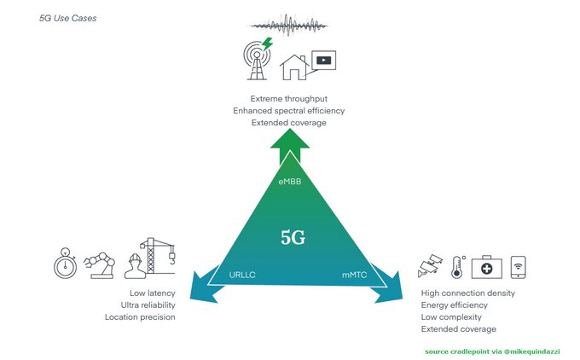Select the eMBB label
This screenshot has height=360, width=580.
[x=290, y=183]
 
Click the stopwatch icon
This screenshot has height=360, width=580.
[x=67, y=264]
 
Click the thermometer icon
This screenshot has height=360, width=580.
[x=458, y=265]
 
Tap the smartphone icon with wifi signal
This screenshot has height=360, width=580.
[x=518, y=266]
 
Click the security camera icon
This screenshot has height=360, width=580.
[x=430, y=266]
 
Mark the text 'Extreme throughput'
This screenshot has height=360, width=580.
[x=288, y=97]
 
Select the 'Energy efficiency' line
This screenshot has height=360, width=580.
[x=455, y=305]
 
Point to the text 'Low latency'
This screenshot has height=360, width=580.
[x=151, y=293]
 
